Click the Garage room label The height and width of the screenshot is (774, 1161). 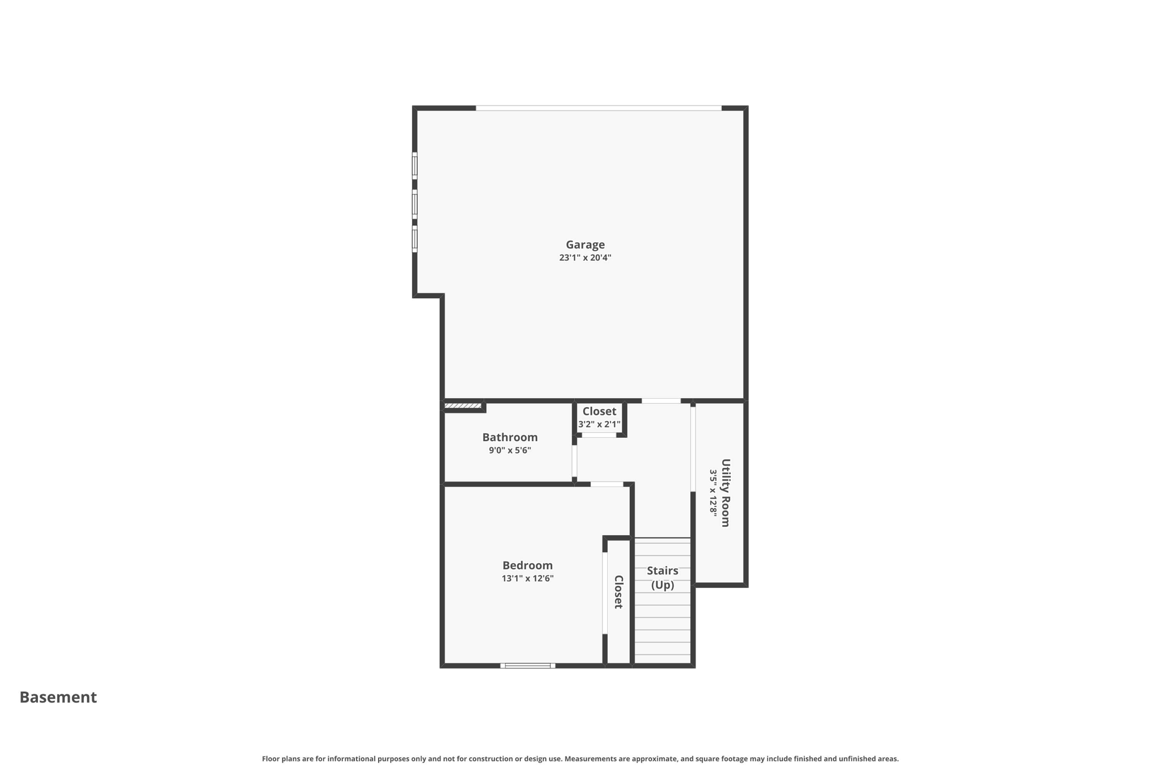pos(585,244)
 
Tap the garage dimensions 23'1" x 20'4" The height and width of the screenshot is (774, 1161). pos(585,258)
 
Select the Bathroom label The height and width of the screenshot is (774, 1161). pos(510,437)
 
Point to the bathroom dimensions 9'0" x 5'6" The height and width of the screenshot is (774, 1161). pos(510,451)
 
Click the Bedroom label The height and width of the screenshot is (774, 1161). pos(527,565)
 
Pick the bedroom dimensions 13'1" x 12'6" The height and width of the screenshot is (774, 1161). pos(527,579)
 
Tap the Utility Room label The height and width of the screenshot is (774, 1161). pos(726,493)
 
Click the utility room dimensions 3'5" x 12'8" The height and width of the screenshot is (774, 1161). pos(713,493)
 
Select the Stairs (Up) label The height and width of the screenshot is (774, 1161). pos(662,577)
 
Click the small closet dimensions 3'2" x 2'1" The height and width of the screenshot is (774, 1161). pos(599,425)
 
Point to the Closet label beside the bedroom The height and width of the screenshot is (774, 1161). pos(618,592)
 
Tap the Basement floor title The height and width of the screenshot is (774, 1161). pos(58,697)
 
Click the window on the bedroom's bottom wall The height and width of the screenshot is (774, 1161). pos(527,666)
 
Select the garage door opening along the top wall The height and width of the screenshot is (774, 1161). pos(598,108)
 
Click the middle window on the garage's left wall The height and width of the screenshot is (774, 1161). pos(414,204)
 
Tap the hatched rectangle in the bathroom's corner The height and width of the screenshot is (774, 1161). pos(463,406)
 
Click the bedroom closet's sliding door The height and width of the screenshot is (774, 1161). pos(605,593)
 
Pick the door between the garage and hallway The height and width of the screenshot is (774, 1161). pos(661,401)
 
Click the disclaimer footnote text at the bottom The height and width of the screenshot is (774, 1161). pos(580,759)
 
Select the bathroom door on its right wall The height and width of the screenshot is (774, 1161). pos(574,460)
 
